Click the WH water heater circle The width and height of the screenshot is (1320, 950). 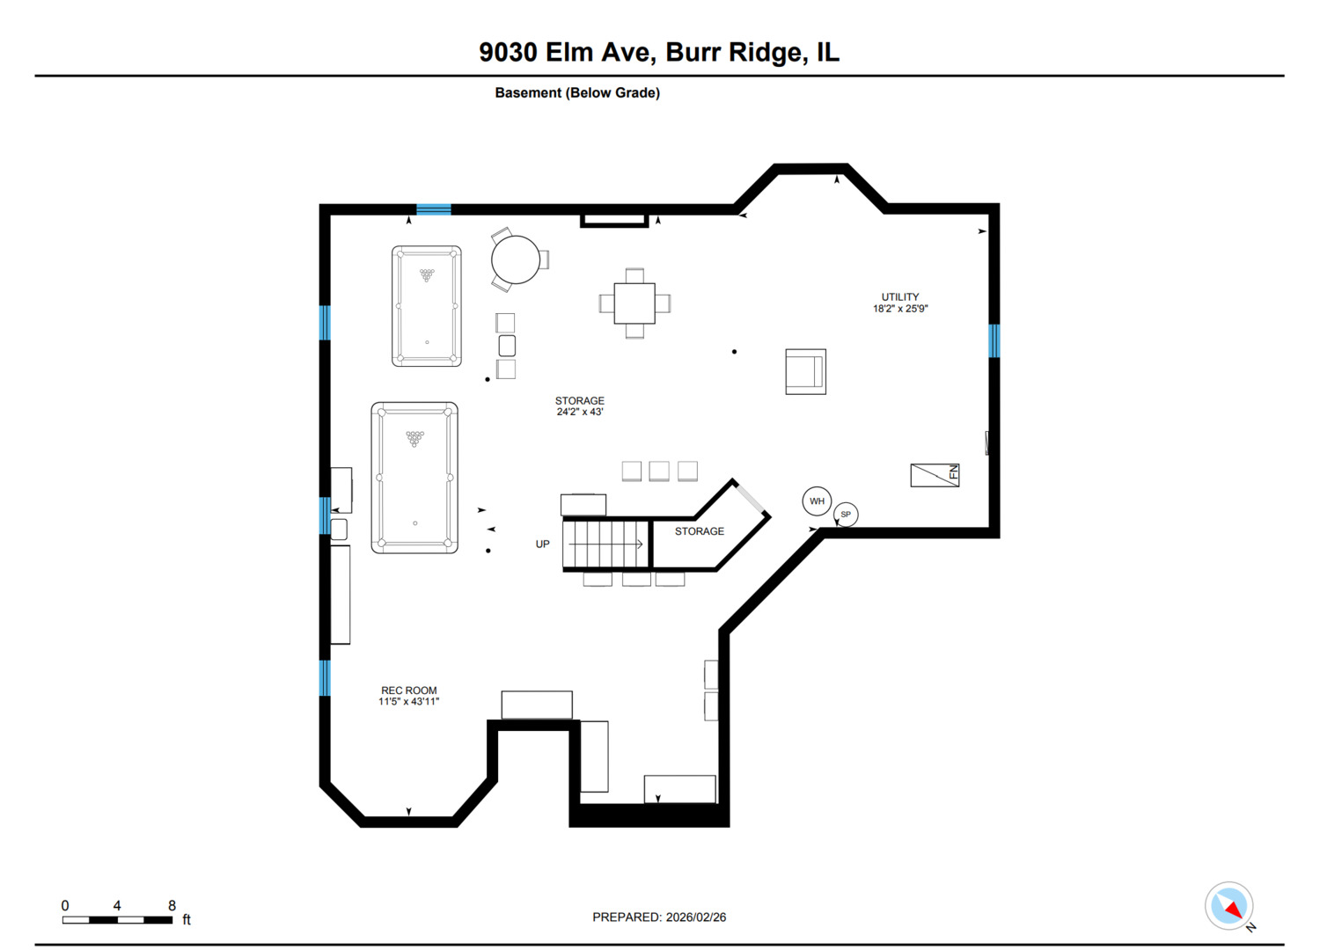coord(817,501)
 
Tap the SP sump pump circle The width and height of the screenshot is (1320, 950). coord(846,515)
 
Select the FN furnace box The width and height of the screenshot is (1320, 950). coord(935,475)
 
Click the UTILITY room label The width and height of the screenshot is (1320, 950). coord(900,303)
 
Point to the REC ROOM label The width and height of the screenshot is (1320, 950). coord(408,696)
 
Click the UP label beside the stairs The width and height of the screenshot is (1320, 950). coord(542,544)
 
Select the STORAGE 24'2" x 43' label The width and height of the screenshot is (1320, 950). coord(579,406)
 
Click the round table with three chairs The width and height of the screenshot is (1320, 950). coord(516,259)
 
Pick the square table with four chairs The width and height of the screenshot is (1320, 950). coord(634,303)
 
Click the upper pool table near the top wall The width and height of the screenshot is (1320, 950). coord(427,306)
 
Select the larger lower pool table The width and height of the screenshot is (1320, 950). coord(414,478)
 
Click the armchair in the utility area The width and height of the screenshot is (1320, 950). coord(805,371)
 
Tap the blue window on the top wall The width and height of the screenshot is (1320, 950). coord(433,209)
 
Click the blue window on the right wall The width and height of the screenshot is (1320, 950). coord(994,340)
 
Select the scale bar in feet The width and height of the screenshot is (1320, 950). coord(118,919)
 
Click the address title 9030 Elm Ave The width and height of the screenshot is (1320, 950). coord(659,53)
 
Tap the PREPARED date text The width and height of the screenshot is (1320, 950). coord(659,917)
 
